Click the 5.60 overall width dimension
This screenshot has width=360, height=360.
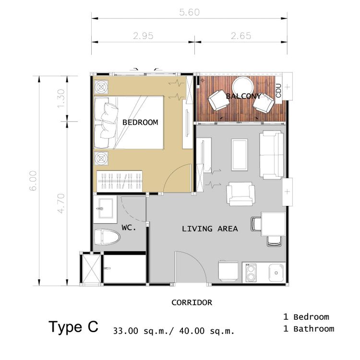point(190,12)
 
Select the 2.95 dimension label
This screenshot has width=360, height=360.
point(143,36)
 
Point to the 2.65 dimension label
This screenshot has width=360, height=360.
point(241,36)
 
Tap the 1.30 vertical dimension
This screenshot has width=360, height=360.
point(61,98)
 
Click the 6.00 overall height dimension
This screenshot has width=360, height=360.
point(33,180)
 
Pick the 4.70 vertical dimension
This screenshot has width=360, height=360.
point(61,204)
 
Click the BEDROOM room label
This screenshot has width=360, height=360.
point(140,122)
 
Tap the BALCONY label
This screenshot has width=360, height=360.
point(243,96)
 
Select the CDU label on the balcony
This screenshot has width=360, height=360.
point(278,91)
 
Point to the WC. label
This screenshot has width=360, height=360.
point(129,228)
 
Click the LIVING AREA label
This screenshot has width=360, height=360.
point(210,228)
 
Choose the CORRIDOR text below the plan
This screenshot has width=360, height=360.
point(192,302)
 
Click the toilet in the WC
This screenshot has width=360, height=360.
point(107,237)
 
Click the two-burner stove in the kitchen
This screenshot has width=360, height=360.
point(251,273)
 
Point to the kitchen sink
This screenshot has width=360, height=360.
point(276,273)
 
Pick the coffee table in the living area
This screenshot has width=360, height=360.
point(240,155)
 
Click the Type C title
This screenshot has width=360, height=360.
point(73,327)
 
